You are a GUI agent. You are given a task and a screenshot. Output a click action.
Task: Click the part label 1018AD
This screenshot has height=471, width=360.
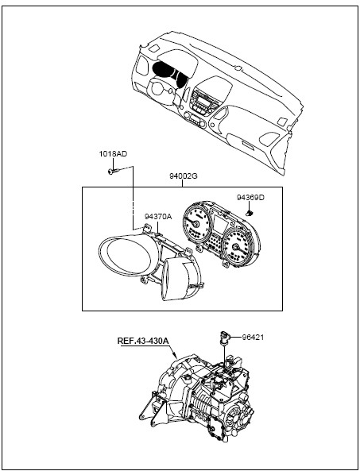113,154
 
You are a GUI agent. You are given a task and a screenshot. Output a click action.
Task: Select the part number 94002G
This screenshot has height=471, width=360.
183,176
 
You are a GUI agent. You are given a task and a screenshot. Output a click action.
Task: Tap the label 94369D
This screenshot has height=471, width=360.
250,198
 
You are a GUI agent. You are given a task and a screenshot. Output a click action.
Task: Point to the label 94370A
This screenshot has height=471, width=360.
158,217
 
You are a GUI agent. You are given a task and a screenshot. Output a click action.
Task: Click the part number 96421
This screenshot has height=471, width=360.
253,338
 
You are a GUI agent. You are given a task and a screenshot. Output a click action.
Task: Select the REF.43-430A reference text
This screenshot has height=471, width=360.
143,341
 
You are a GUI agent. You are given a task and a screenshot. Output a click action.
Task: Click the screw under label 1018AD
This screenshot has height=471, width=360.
113,172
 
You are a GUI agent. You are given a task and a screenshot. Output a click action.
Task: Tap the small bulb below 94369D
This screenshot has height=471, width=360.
250,214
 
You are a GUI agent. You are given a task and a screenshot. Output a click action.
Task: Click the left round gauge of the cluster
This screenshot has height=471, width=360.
196,223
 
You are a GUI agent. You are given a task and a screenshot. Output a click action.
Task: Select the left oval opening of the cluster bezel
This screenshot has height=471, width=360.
125,255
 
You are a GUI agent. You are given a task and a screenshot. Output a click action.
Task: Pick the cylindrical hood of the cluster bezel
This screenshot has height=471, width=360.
180,279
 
